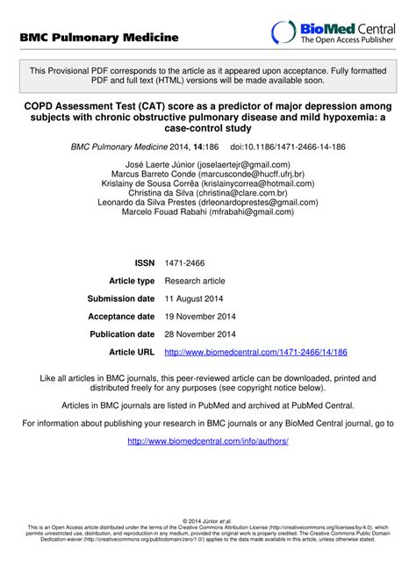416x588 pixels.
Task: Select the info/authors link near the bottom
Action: (208, 441)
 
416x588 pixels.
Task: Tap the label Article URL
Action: (132, 352)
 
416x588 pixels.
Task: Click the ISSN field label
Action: (144, 262)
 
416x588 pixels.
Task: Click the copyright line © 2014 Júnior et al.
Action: (208, 521)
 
